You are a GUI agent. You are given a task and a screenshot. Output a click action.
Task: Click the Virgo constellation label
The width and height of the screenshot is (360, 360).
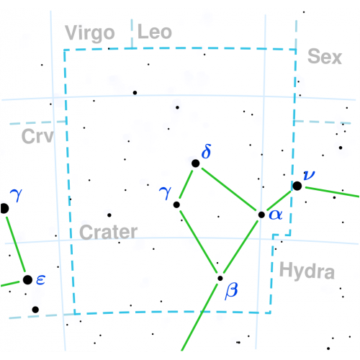pyautogui.click(x=90, y=33)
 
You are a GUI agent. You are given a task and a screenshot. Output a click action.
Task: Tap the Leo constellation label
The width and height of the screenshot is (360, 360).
pyautogui.click(x=155, y=32)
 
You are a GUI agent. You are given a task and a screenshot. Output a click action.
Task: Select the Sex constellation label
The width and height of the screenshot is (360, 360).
pyautogui.click(x=325, y=56)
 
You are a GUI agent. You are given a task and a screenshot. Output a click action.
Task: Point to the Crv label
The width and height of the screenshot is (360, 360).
pyautogui.click(x=37, y=136)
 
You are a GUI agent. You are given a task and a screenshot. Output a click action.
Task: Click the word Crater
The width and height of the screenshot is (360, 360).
pyautogui.click(x=109, y=232)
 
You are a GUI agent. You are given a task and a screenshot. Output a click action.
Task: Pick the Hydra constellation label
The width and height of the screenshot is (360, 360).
pyautogui.click(x=307, y=271)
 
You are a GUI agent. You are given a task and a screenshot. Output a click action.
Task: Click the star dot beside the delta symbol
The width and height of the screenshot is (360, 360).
pyautogui.click(x=196, y=163)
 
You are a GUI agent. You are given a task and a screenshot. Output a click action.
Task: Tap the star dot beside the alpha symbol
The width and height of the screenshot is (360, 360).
pyautogui.click(x=261, y=215)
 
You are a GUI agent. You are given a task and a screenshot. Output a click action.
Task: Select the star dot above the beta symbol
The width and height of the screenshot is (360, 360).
pyautogui.click(x=220, y=279)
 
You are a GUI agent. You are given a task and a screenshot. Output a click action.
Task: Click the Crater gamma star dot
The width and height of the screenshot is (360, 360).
pyautogui.click(x=176, y=204)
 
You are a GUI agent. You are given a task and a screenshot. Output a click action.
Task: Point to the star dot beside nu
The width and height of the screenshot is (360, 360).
pyautogui.click(x=297, y=186)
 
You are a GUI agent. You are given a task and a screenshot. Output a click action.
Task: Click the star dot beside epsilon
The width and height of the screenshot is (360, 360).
pyautogui.click(x=27, y=280)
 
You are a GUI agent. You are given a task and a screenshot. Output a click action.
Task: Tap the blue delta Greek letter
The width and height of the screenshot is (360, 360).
pyautogui.click(x=207, y=151)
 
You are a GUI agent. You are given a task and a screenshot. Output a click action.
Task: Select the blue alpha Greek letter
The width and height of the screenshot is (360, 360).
pyautogui.click(x=276, y=215)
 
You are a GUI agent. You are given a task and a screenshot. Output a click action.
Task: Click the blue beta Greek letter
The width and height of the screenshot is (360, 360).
pyautogui.click(x=231, y=291)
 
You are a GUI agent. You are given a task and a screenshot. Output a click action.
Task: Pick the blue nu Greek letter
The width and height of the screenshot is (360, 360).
pyautogui.click(x=309, y=175)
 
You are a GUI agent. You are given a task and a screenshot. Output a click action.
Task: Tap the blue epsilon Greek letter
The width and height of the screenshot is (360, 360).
pyautogui.click(x=41, y=280)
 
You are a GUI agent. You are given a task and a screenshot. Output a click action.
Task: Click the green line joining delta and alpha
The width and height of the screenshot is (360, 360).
pyautogui.click(x=229, y=189)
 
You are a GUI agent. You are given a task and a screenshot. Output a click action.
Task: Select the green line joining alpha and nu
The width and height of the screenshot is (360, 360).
pyautogui.click(x=279, y=201)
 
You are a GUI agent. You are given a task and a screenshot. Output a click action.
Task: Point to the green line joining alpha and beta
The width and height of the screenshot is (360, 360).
pyautogui.click(x=240, y=247)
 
